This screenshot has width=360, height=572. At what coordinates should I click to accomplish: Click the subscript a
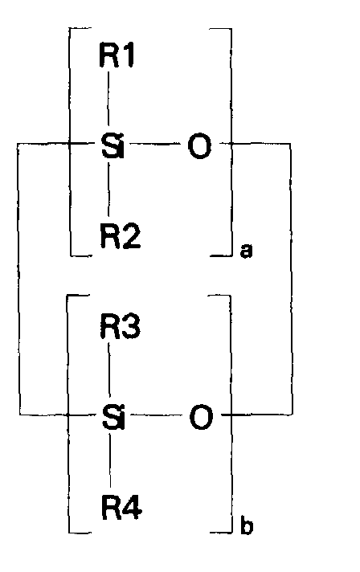(x=246, y=251)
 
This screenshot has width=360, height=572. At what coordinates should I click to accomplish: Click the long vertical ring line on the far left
(x=20, y=281)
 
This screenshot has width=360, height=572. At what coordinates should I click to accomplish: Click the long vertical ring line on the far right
(x=290, y=281)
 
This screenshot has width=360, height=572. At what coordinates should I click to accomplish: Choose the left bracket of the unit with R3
(x=69, y=414)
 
